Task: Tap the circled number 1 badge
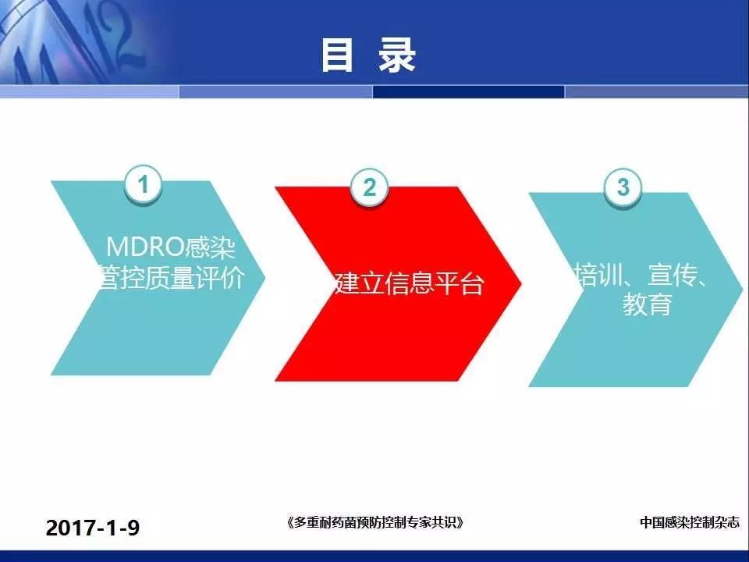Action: tap(143, 184)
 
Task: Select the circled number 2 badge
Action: tap(369, 187)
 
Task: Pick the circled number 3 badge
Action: tap(623, 187)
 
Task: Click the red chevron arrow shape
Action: tap(397, 284)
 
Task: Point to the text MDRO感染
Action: tap(171, 247)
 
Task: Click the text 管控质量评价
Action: tap(171, 278)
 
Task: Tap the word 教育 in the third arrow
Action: tap(648, 304)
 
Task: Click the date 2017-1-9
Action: tap(93, 528)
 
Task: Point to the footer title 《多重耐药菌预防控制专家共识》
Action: tap(375, 522)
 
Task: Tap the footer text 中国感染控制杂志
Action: tap(689, 522)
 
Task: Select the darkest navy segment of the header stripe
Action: tap(468, 91)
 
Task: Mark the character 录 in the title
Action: tap(397, 56)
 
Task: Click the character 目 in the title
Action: tap(337, 56)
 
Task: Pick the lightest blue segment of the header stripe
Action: tap(89, 91)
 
